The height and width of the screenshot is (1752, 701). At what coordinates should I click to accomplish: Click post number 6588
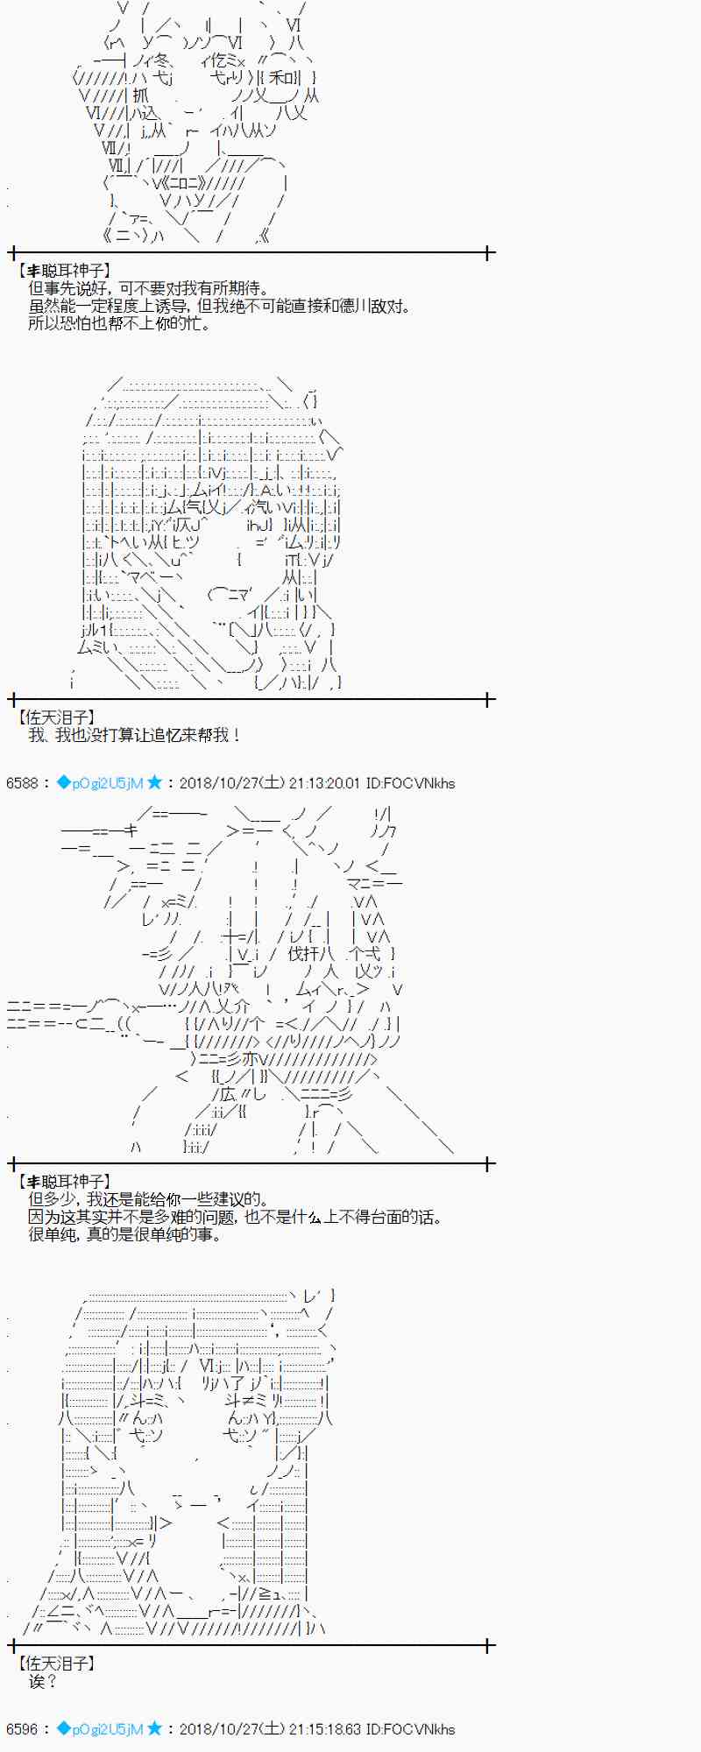(22, 783)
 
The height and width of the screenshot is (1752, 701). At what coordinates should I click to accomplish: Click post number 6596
(22, 1729)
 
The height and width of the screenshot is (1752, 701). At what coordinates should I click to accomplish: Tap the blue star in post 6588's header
(154, 782)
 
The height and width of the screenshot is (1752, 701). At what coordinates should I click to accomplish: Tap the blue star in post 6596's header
(154, 1728)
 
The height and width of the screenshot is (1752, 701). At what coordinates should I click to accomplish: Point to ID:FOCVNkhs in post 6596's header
(410, 1729)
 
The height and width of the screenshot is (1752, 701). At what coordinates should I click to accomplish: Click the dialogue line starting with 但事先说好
(148, 289)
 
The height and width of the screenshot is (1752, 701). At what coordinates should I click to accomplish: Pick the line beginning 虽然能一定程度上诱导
(219, 307)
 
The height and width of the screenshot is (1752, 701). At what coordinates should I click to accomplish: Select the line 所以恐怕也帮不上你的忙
(119, 324)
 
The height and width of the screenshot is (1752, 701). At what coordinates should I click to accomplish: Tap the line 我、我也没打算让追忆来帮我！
(134, 736)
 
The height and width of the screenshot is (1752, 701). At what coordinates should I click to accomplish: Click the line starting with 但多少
(148, 1200)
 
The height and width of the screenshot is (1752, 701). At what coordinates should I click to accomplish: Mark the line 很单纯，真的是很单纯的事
(125, 1235)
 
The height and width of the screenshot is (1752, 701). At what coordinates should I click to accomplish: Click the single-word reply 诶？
(42, 1682)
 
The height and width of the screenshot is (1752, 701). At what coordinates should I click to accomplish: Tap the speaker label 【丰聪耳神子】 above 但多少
(64, 1182)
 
